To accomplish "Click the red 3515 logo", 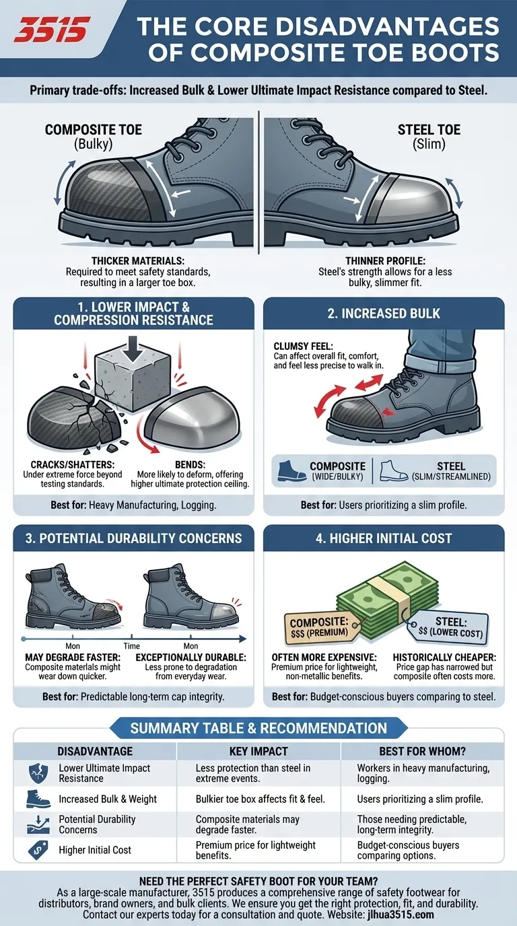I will pyautogui.click(x=53, y=30).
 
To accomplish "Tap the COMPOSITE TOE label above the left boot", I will pyautogui.click(x=94, y=129).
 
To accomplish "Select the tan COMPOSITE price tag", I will pyautogui.click(x=319, y=625).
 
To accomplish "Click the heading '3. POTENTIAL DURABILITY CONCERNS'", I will pyautogui.click(x=133, y=538).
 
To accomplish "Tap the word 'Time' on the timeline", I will pyautogui.click(x=131, y=645).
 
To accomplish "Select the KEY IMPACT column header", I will pyautogui.click(x=258, y=751).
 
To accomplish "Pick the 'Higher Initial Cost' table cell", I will pyautogui.click(x=95, y=850).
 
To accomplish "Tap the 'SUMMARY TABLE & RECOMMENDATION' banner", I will pyautogui.click(x=258, y=728).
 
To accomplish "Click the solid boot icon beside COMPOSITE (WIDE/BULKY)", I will pyautogui.click(x=290, y=470).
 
